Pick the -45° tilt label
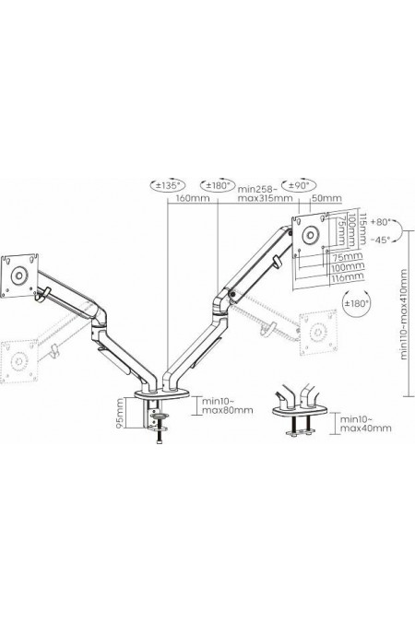click(385, 240)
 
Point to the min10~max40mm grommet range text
click(366, 424)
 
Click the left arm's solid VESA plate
click(18, 274)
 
